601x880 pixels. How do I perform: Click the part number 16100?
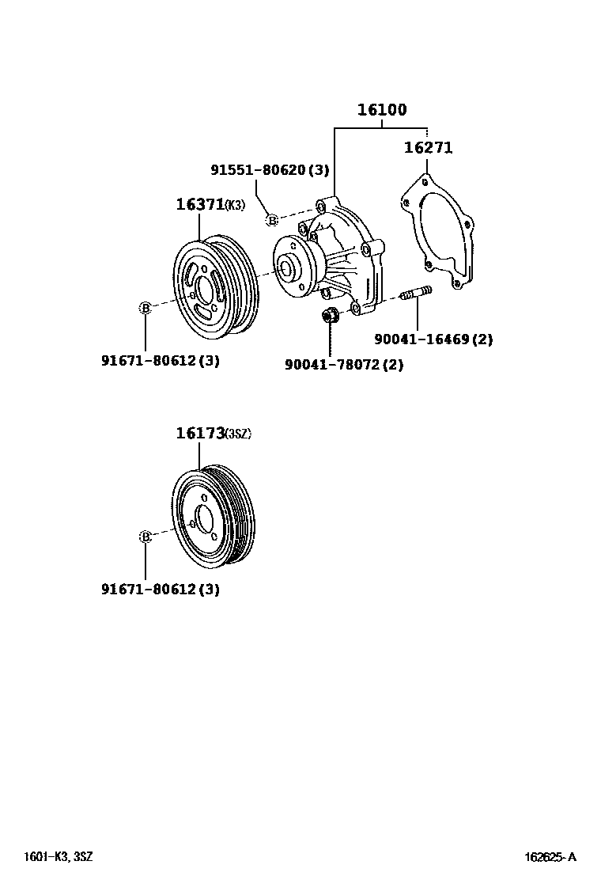pos(382,110)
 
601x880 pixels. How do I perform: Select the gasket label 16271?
pos(428,147)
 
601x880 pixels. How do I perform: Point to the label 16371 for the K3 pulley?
pos(200,204)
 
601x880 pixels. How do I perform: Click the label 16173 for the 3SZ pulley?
pos(200,433)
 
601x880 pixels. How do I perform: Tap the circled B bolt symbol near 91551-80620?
pos(271,220)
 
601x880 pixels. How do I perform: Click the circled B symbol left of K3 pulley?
pos(146,308)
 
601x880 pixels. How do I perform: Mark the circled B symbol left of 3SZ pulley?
pos(146,537)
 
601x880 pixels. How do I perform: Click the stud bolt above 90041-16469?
pos(416,296)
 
